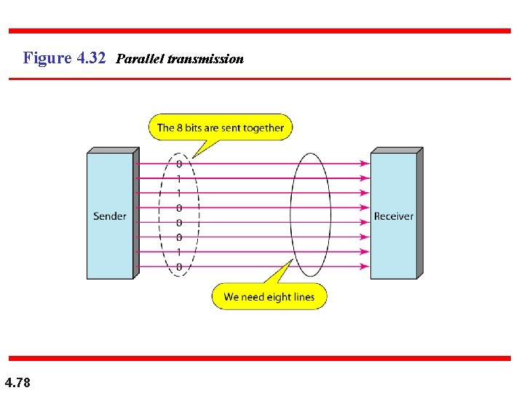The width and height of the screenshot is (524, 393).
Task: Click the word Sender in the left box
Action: pyautogui.click(x=110, y=216)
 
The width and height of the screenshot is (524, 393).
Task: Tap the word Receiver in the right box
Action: pyautogui.click(x=393, y=216)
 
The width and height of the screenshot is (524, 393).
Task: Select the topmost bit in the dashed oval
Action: pyautogui.click(x=179, y=164)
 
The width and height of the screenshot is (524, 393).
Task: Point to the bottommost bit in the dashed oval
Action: pyautogui.click(x=179, y=267)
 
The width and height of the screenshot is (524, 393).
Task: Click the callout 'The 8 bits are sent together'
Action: pyautogui.click(x=221, y=128)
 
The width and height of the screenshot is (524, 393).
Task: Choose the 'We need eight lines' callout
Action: pyautogui.click(x=269, y=297)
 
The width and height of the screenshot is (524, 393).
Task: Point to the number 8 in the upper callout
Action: pyautogui.click(x=179, y=128)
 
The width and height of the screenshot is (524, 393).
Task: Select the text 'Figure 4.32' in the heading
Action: pyautogui.click(x=65, y=57)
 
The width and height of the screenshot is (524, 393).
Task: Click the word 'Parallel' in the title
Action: pyautogui.click(x=140, y=58)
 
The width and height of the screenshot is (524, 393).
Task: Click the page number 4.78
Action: pyautogui.click(x=17, y=381)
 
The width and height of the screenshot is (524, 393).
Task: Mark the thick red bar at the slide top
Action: pyautogui.click(x=260, y=31)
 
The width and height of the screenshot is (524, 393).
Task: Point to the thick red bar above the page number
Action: pyautogui.click(x=260, y=358)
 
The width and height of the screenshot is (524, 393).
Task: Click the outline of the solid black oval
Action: pyautogui.click(x=291, y=215)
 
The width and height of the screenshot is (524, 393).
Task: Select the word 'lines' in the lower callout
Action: pyautogui.click(x=303, y=297)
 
